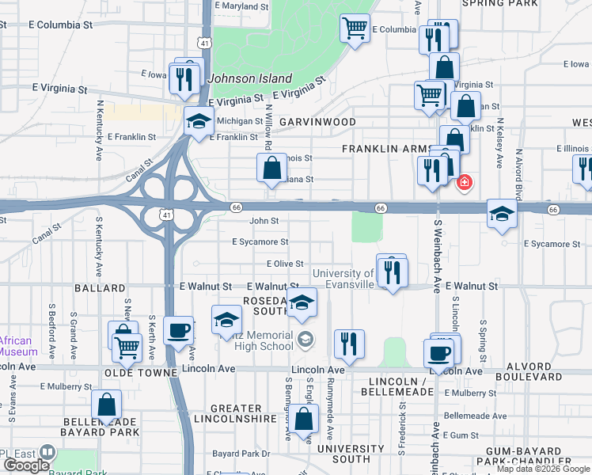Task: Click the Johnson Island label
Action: [250, 78]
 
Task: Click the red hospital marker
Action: [464, 183]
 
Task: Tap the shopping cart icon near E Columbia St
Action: [355, 28]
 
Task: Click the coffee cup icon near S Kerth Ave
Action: [178, 329]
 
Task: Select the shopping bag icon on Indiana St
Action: [271, 168]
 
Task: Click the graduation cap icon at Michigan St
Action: [199, 121]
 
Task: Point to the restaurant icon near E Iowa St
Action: [184, 78]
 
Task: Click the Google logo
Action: [26, 465]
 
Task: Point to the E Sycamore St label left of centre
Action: [260, 241]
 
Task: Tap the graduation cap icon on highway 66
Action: [502, 214]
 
